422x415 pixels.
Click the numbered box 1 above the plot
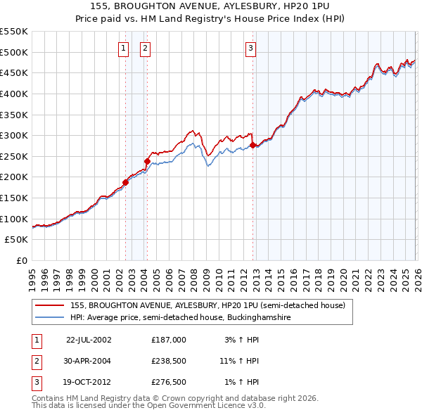[x=124, y=49]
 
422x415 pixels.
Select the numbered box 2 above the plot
[x=145, y=49]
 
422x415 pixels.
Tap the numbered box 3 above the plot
[x=250, y=49]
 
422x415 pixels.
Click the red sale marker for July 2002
[x=126, y=182]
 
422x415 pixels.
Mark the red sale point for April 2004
[x=148, y=161]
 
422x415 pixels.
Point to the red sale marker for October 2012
[x=252, y=146]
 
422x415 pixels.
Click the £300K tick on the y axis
[x=14, y=135]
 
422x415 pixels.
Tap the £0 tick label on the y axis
[x=21, y=260]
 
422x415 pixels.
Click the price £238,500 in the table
[x=169, y=360]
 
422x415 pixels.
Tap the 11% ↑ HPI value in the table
[x=239, y=360]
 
